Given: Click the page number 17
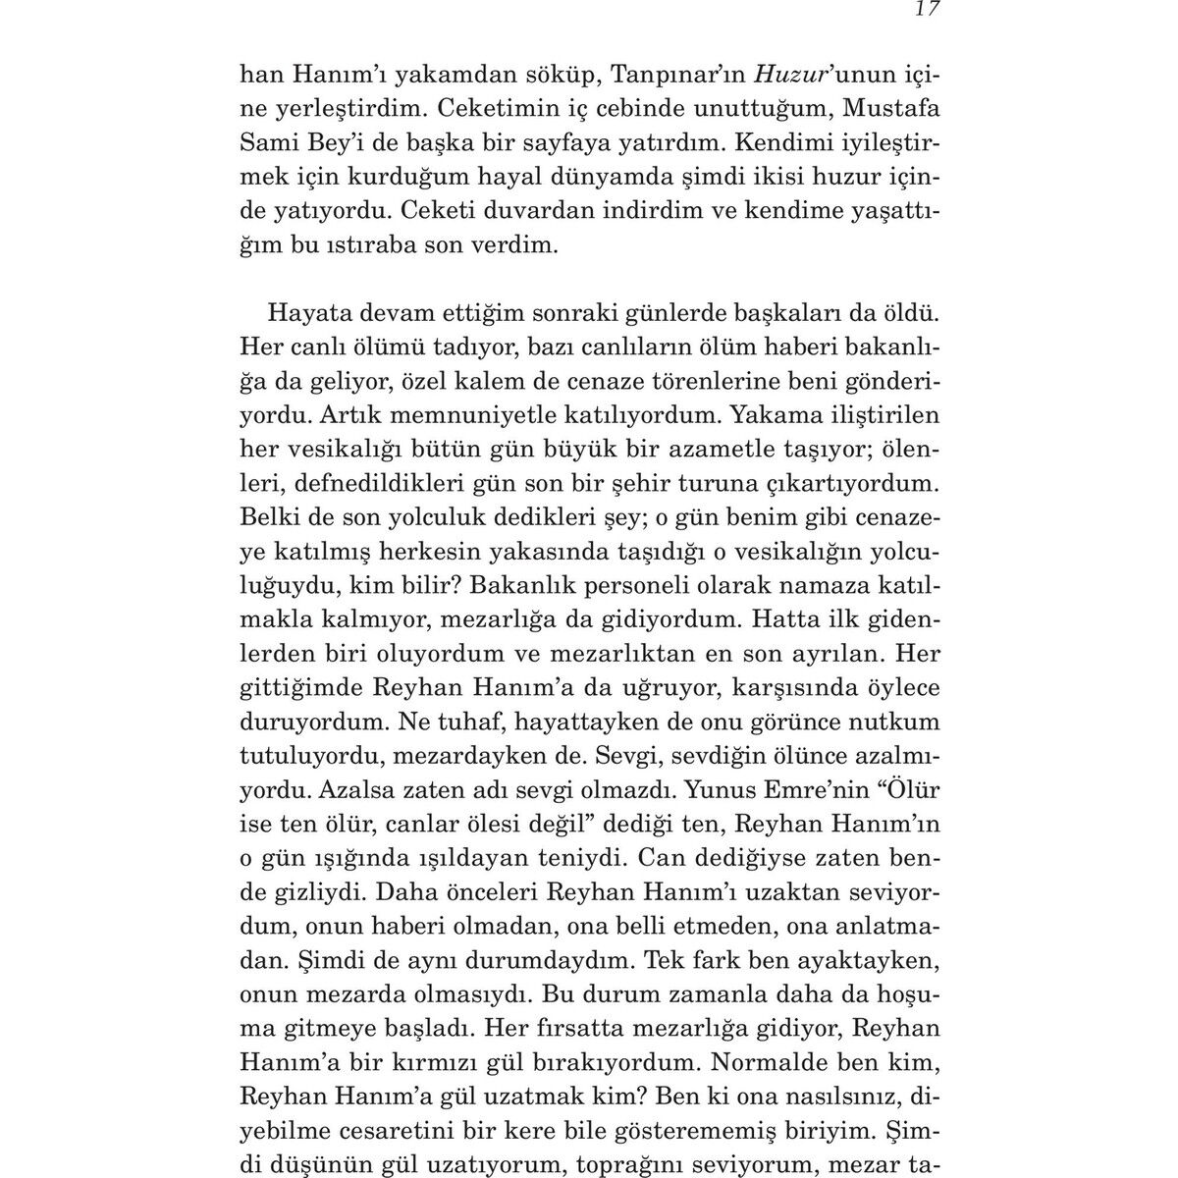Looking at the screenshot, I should click(927, 10).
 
